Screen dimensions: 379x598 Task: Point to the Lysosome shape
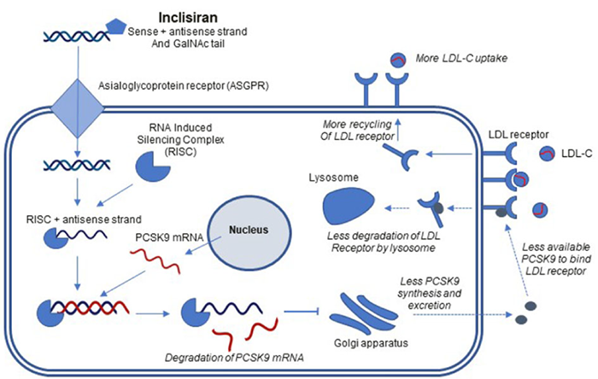[x=349, y=207]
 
